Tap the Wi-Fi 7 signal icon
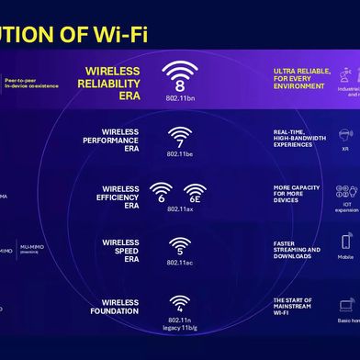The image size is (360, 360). click(x=180, y=136)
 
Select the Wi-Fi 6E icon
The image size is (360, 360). click(x=195, y=192)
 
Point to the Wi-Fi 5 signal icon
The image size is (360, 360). click(x=180, y=246)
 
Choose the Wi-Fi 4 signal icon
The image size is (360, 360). click(x=180, y=301)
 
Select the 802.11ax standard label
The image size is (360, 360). click(x=180, y=209)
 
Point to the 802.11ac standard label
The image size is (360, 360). click(x=180, y=264)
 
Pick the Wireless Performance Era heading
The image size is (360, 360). click(x=119, y=140)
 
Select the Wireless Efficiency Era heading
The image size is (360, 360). click(x=119, y=194)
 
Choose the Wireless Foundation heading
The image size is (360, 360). click(x=120, y=306)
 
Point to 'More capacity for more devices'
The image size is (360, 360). click(x=296, y=194)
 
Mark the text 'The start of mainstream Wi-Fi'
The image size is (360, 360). click(x=295, y=306)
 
